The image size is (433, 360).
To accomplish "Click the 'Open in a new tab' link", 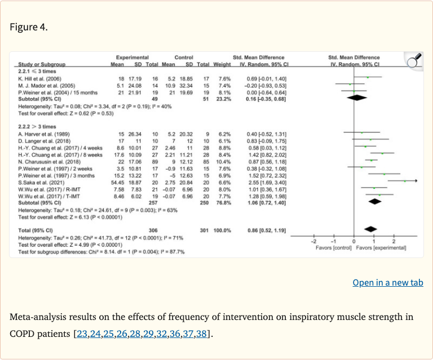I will click(387, 283).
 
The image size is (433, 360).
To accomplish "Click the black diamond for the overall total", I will click(370, 229).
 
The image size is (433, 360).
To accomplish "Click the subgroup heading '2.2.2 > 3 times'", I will click(37, 126).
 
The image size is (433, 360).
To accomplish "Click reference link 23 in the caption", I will click(82, 334).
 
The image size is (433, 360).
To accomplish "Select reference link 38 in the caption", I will click(201, 334).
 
